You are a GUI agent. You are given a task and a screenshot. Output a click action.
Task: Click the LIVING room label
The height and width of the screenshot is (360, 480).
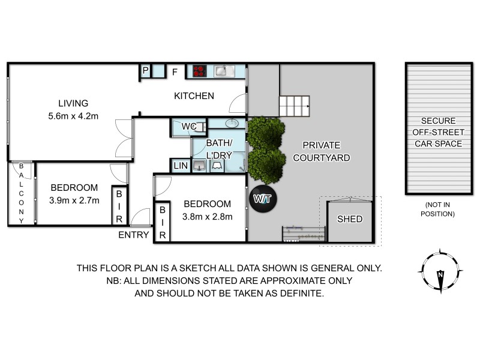click(x=73, y=103)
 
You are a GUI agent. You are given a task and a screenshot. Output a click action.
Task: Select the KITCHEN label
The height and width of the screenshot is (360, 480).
click(x=194, y=96)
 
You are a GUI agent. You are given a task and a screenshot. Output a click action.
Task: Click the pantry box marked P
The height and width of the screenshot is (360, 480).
click(x=145, y=71)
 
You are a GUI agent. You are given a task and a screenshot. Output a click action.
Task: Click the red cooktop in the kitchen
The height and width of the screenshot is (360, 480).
click(x=200, y=72)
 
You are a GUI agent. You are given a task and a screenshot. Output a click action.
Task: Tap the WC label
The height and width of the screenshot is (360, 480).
click(x=189, y=127)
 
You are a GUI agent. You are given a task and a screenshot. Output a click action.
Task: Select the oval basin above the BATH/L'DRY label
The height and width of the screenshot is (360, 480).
click(x=231, y=124)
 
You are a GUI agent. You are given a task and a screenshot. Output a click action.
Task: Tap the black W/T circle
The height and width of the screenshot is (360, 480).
click(x=262, y=199)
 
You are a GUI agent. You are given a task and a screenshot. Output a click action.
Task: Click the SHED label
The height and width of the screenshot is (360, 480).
click(x=349, y=219)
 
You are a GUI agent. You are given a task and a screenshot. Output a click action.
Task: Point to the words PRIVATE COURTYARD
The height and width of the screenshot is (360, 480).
click(x=321, y=151)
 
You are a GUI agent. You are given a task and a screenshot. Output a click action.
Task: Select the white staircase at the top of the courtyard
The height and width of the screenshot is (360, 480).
click(x=294, y=107)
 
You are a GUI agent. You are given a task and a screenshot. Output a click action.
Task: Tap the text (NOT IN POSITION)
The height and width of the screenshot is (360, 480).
click(x=439, y=209)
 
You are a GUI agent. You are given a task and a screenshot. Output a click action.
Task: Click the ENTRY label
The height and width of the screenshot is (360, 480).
click(x=133, y=235)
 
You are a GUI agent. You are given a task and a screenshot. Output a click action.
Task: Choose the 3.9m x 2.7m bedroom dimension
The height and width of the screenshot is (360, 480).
click(x=74, y=199)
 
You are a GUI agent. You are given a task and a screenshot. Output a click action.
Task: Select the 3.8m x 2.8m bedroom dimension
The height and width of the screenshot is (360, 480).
click(x=207, y=217)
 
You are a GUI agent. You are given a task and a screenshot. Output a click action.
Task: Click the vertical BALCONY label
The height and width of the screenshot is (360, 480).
click(x=22, y=193)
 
